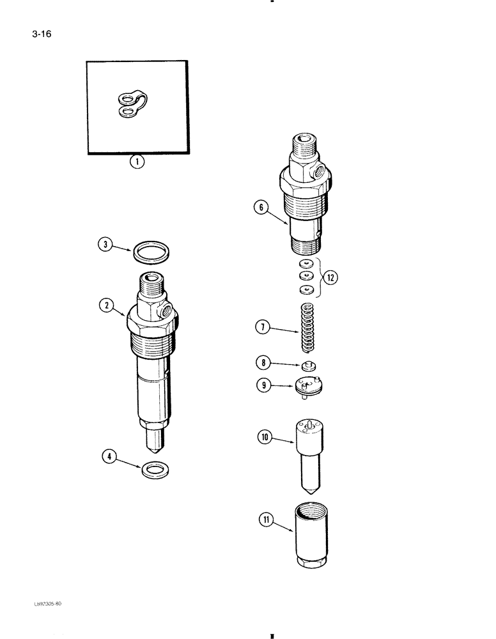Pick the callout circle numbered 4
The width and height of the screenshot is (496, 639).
[112, 457]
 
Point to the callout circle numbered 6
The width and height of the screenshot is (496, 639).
[260, 208]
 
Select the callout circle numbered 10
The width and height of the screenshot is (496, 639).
[265, 438]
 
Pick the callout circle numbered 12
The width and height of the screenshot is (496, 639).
[331, 278]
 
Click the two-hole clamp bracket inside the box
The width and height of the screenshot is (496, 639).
[132, 104]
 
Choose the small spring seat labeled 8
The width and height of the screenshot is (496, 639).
[308, 366]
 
